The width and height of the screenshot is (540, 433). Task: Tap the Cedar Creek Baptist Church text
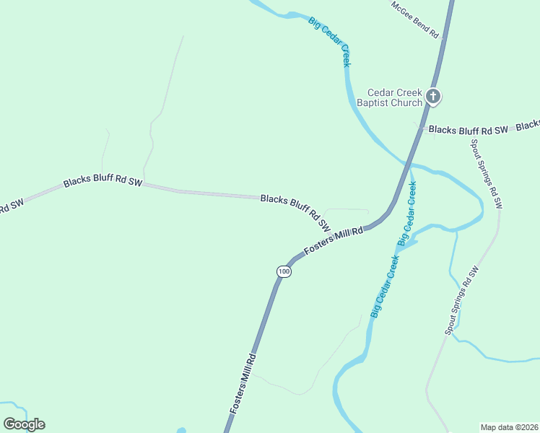pos(394,97)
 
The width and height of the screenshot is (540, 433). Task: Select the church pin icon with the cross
pos(433,96)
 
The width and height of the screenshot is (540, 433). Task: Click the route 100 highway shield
pos(284,271)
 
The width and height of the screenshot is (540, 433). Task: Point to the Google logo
pos(24,424)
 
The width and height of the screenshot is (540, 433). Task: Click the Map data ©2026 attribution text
pos(509,427)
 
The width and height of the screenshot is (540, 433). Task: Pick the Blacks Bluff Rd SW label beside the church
pos(469,131)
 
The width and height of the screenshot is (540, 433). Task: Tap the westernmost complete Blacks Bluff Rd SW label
pos(103,182)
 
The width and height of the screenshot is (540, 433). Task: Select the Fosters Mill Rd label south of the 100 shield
pos(243,382)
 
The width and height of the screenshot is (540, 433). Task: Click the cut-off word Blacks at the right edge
pos(528,125)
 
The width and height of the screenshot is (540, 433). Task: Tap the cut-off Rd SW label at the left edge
pos(12,206)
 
